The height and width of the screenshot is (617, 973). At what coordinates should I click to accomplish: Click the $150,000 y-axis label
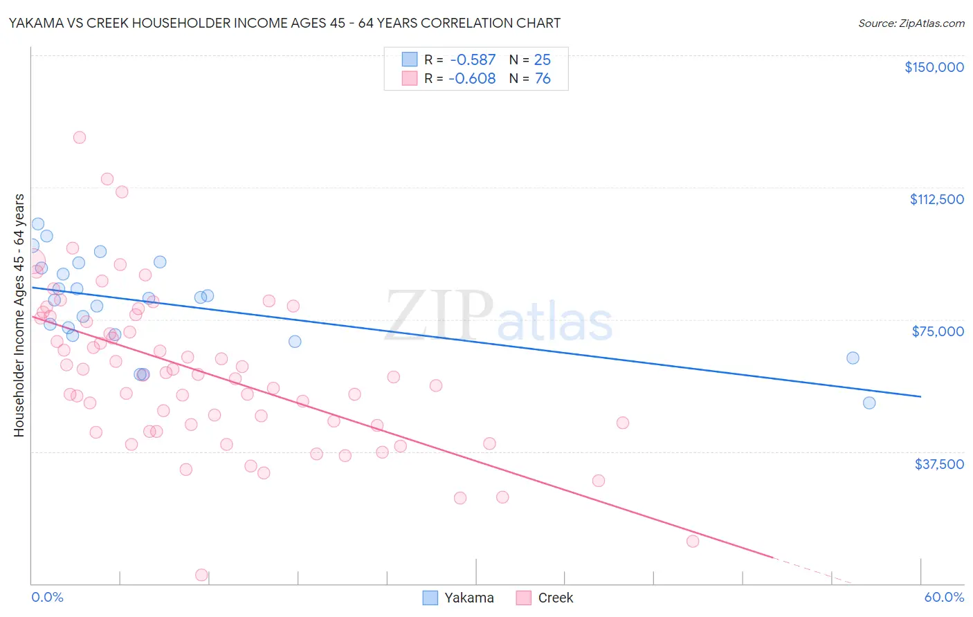pos(934,67)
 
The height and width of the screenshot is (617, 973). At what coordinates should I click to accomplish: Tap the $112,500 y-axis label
pos(936,199)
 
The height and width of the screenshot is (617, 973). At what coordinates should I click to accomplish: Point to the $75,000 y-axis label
pos(938,331)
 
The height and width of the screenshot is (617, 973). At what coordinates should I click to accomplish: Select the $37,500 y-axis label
pos(939,464)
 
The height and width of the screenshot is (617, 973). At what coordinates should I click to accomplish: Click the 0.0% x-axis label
pos(47,597)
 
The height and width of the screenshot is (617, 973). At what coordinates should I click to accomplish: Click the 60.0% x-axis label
pos(944,597)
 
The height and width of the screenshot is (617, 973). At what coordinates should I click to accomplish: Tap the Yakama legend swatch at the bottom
pos(430,598)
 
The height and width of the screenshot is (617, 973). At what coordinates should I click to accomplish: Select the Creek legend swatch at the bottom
pos(524,598)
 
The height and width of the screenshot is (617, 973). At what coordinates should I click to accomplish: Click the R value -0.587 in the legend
pos(472,60)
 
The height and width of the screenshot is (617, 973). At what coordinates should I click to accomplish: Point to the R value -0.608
pos(472,79)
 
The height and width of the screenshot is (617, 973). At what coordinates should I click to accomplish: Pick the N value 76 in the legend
pos(543,79)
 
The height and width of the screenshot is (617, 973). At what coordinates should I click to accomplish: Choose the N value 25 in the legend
pos(543,60)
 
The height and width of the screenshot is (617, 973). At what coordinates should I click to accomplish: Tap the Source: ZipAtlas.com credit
pos(911,24)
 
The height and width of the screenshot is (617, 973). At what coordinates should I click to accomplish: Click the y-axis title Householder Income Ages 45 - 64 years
pos(19,315)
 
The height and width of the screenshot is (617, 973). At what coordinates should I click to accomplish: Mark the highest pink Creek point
pos(80,137)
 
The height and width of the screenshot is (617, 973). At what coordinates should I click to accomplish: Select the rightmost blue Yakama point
pos(869,403)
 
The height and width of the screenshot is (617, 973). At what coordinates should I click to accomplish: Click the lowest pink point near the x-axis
pos(201,575)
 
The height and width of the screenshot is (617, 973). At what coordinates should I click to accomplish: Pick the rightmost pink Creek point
pos(693,541)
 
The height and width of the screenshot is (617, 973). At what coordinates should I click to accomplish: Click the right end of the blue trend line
pos(920,396)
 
